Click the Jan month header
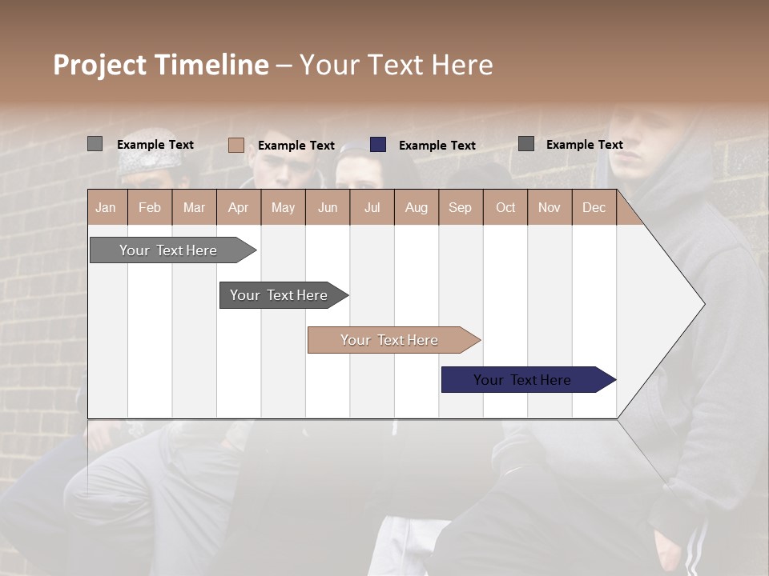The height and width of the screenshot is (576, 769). click(106, 207)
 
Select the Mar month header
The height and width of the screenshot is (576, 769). click(194, 207)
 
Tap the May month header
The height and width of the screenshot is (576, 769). click(283, 207)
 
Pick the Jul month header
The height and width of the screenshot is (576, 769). click(372, 207)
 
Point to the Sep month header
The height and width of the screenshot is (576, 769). click(460, 207)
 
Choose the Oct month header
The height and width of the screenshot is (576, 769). click(505, 207)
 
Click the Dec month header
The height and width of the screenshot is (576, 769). click(594, 207)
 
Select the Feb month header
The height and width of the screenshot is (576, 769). click(150, 207)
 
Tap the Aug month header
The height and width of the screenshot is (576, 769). click(416, 207)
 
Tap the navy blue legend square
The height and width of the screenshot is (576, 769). click(378, 145)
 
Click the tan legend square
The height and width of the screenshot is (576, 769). click(236, 145)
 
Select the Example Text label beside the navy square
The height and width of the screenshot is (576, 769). click(437, 146)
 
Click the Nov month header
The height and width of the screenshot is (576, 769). click(549, 207)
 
